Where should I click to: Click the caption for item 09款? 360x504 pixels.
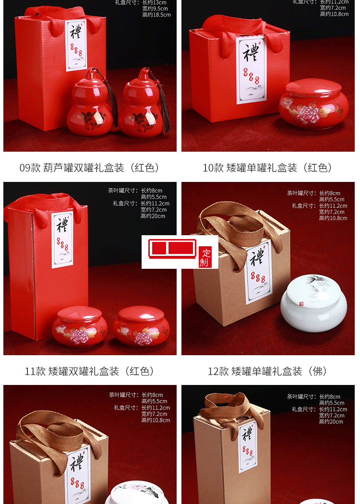click(x=90, y=168)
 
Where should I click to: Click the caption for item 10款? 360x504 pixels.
click(x=267, y=168)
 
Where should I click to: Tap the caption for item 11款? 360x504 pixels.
click(x=90, y=371)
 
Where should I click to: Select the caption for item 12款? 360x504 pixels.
click(x=267, y=371)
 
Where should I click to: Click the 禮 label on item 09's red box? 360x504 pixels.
click(x=76, y=46)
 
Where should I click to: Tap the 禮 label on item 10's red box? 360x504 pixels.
click(x=251, y=67)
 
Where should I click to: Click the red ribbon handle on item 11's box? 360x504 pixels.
click(x=43, y=206)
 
